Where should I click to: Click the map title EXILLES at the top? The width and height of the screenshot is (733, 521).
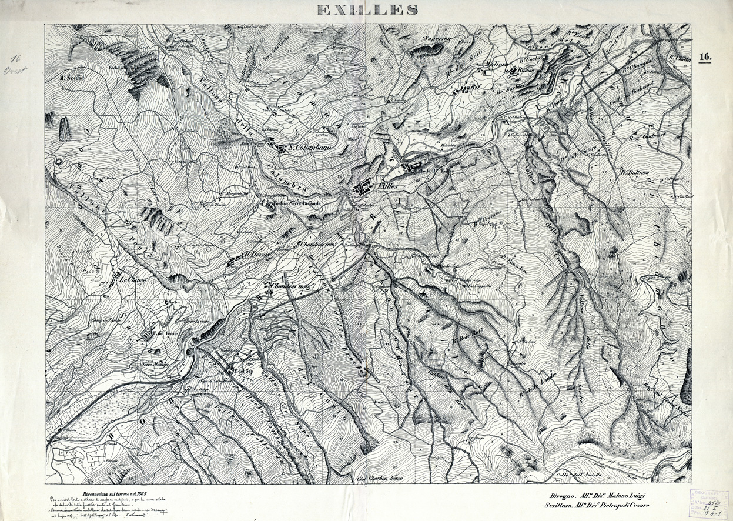click(x=367, y=10)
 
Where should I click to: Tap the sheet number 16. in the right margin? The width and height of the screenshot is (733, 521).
click(x=705, y=57)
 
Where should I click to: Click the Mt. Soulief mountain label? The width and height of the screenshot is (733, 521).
click(x=71, y=76)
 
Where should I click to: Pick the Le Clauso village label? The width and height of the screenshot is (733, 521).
click(x=133, y=280)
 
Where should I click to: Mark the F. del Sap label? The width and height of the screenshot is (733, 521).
click(x=243, y=371)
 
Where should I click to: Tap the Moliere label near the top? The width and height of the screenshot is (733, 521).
click(x=492, y=65)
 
